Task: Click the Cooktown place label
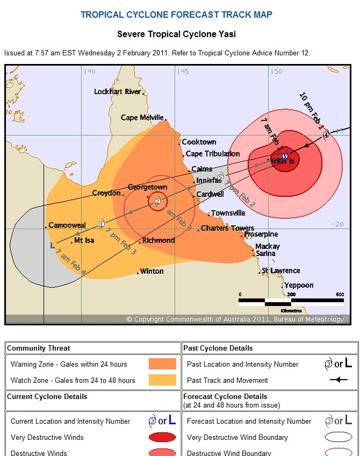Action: click(199, 142)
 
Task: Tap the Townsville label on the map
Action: click(228, 213)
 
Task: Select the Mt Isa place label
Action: click(84, 240)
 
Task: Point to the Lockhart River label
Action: click(117, 91)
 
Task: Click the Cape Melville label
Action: click(142, 118)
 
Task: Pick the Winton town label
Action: click(152, 272)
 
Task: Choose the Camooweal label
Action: click(67, 225)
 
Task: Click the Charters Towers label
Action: click(227, 229)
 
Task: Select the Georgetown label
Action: click(147, 187)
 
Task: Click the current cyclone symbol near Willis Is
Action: click(285, 156)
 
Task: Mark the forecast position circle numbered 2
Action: click(157, 201)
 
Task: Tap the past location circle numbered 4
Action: click(326, 135)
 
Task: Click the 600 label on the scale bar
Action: click(340, 294)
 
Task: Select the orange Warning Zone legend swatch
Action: click(162, 364)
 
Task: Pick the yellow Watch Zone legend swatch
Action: click(162, 380)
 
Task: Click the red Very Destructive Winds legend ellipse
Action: click(162, 437)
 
